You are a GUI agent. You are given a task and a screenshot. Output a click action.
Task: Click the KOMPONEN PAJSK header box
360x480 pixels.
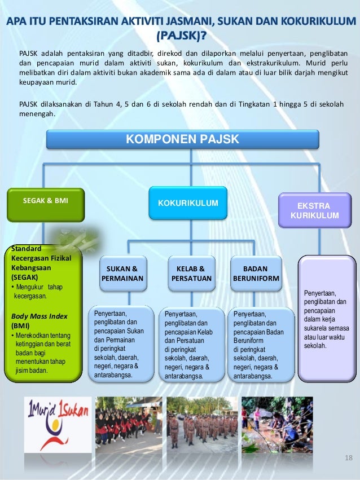tap(182, 139)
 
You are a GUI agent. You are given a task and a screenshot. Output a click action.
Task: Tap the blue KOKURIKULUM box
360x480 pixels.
tap(187, 202)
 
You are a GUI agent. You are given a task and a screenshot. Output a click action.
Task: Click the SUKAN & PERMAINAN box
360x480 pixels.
tap(122, 274)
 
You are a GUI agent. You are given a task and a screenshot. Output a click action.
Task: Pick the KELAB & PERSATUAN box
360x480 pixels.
tap(190, 274)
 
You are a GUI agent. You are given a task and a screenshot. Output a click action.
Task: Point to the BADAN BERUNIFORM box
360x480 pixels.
tap(255, 274)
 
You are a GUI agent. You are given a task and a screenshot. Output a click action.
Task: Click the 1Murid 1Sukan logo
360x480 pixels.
tap(56, 422)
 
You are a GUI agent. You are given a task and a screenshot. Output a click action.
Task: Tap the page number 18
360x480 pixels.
tap(347, 456)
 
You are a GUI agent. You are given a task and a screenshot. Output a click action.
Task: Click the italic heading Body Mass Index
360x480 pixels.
tap(37, 316)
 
